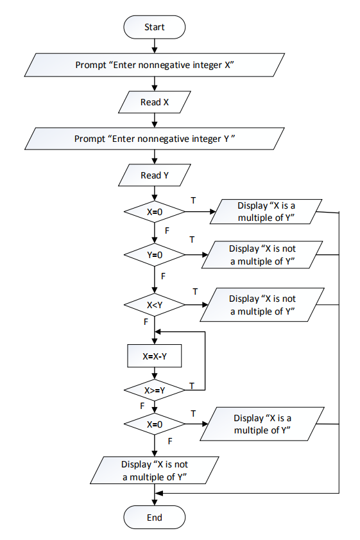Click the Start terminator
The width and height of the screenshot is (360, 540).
[154, 28]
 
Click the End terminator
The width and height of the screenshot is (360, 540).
[154, 518]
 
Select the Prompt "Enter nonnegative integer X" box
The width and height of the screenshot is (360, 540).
[154, 65]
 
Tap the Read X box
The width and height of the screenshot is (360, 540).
[154, 102]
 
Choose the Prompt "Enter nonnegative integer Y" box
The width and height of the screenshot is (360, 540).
[154, 139]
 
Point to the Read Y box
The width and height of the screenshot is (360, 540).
[154, 175]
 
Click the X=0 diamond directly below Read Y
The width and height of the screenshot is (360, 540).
[154, 211]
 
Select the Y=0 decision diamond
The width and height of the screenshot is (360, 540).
[154, 255]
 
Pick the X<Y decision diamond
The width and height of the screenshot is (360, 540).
[154, 305]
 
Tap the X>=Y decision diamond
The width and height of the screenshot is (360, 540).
[154, 389]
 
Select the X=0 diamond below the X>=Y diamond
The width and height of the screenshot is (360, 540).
[154, 424]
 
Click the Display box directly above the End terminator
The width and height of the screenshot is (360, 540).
[154, 470]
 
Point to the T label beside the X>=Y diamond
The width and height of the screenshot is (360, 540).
[191, 385]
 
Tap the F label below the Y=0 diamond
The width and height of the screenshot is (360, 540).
[163, 275]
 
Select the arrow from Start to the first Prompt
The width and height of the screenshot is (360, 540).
[154, 46]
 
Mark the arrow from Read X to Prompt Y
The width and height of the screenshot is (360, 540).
[154, 120]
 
